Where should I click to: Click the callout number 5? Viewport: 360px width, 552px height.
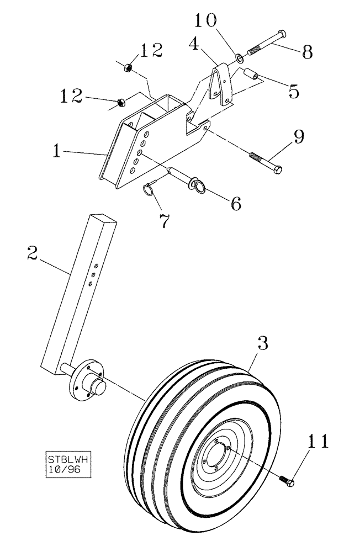pyautogui.click(x=293, y=90)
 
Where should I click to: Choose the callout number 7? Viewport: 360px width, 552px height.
pyautogui.click(x=164, y=221)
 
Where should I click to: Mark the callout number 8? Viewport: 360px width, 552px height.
pyautogui.click(x=307, y=52)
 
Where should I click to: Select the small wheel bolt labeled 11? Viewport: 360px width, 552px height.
pyautogui.click(x=288, y=481)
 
